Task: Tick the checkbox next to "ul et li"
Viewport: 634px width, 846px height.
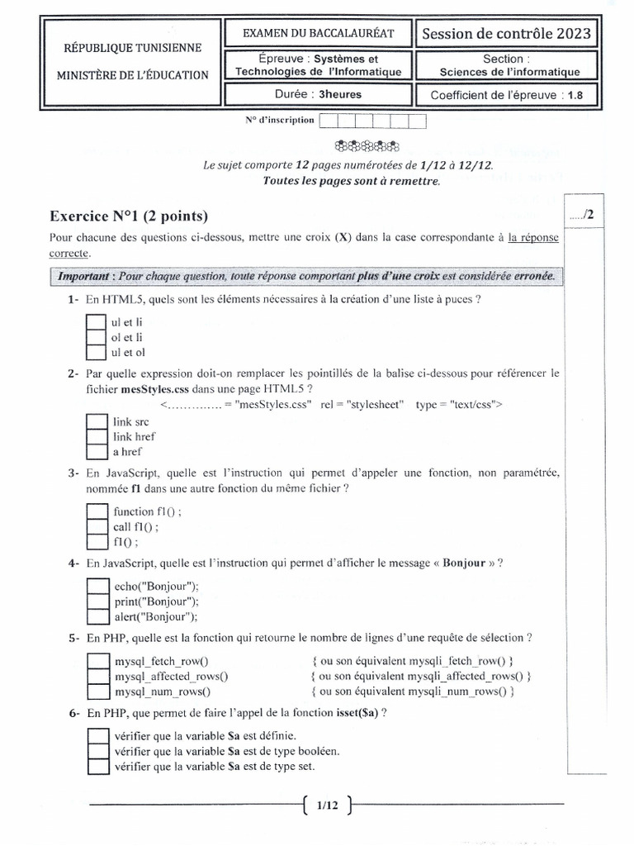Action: (x=96, y=321)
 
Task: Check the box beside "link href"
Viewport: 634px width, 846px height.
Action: (x=97, y=436)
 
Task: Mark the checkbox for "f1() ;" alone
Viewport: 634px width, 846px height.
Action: (x=97, y=543)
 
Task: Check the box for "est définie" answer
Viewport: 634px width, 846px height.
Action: (x=97, y=735)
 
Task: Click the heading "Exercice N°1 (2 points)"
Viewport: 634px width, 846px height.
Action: (x=129, y=216)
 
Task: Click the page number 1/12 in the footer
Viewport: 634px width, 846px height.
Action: (x=327, y=804)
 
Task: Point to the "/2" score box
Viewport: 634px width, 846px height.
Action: (x=581, y=215)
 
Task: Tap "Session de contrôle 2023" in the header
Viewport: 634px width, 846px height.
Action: (x=506, y=33)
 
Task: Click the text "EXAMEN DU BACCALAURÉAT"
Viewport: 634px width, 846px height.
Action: (x=318, y=33)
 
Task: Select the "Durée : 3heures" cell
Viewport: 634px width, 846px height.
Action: (x=318, y=94)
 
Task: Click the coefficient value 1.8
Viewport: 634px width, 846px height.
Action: (x=575, y=95)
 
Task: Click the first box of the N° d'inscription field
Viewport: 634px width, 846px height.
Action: (x=328, y=121)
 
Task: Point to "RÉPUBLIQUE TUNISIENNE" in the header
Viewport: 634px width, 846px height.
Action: (x=132, y=50)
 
